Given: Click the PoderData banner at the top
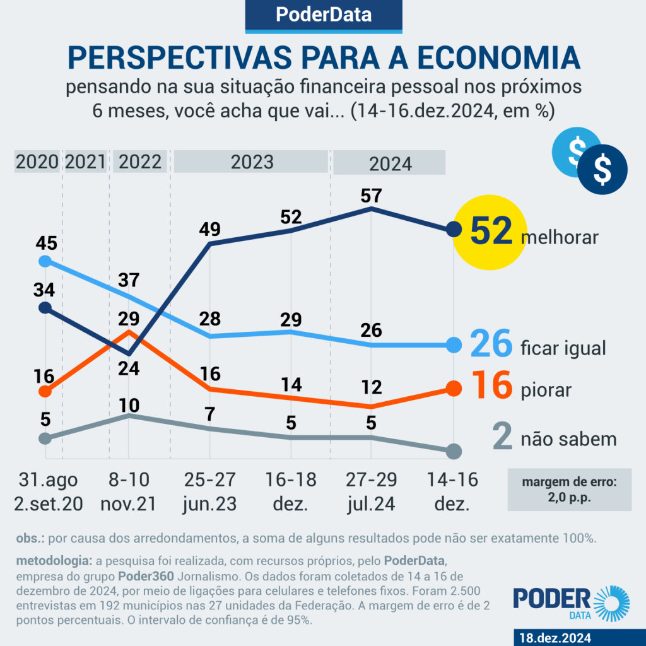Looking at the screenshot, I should [323, 15].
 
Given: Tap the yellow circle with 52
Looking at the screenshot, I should [490, 231].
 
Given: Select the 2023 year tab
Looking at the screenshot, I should [251, 161].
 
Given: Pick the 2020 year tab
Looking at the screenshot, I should [37, 161].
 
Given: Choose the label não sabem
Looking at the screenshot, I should [568, 439].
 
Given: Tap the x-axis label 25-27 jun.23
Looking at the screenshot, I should [209, 492].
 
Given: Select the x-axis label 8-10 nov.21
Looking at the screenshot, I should [129, 492].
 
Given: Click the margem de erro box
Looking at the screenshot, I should [569, 489].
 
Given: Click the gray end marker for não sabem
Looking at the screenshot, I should [454, 451].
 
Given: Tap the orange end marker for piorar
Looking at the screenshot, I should [454, 388].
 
